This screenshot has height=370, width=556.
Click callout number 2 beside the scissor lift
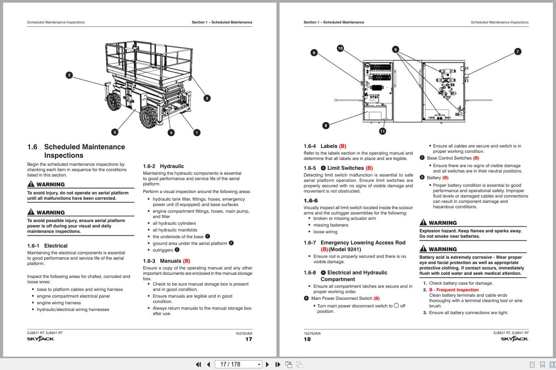point(69,75)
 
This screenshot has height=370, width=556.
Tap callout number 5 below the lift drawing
point(115,132)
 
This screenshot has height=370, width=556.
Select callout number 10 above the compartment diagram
point(340,48)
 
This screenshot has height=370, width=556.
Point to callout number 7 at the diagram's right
point(518,51)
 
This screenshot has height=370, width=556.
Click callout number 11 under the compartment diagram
point(382,131)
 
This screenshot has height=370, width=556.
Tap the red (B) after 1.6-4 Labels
point(343,146)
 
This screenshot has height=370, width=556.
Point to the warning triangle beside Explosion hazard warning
point(423,223)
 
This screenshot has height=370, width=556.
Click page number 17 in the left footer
point(249,339)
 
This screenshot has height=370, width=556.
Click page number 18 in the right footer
point(307,339)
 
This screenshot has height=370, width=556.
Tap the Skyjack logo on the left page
point(41,339)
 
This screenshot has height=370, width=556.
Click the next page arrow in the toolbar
point(268,364)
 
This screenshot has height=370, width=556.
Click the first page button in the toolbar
point(198,364)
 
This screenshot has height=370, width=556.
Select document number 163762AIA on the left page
point(243,333)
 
